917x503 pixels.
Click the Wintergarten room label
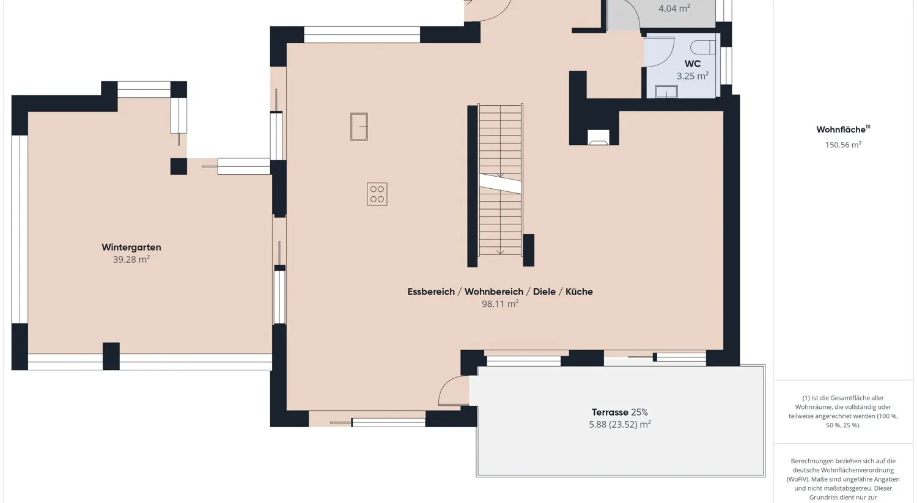point(131,248)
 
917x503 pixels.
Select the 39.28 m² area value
point(131,260)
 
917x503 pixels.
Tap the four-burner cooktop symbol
point(377,194)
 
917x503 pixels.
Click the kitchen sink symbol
point(359,127)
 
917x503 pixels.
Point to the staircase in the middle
point(500,180)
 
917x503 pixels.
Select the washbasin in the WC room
point(666,92)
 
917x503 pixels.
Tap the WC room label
point(693,64)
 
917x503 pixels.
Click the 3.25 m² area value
point(692,76)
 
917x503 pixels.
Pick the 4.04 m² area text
point(674,9)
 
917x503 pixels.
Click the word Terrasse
point(609,413)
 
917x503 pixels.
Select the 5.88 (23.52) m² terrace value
point(620,425)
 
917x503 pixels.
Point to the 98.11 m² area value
point(500,304)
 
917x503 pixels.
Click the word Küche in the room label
point(579,292)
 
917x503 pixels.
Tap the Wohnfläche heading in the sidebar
point(842,130)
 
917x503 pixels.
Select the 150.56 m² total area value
point(843,145)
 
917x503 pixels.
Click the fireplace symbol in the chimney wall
point(598,138)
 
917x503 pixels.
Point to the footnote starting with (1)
point(843,411)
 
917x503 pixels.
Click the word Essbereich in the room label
point(431,292)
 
